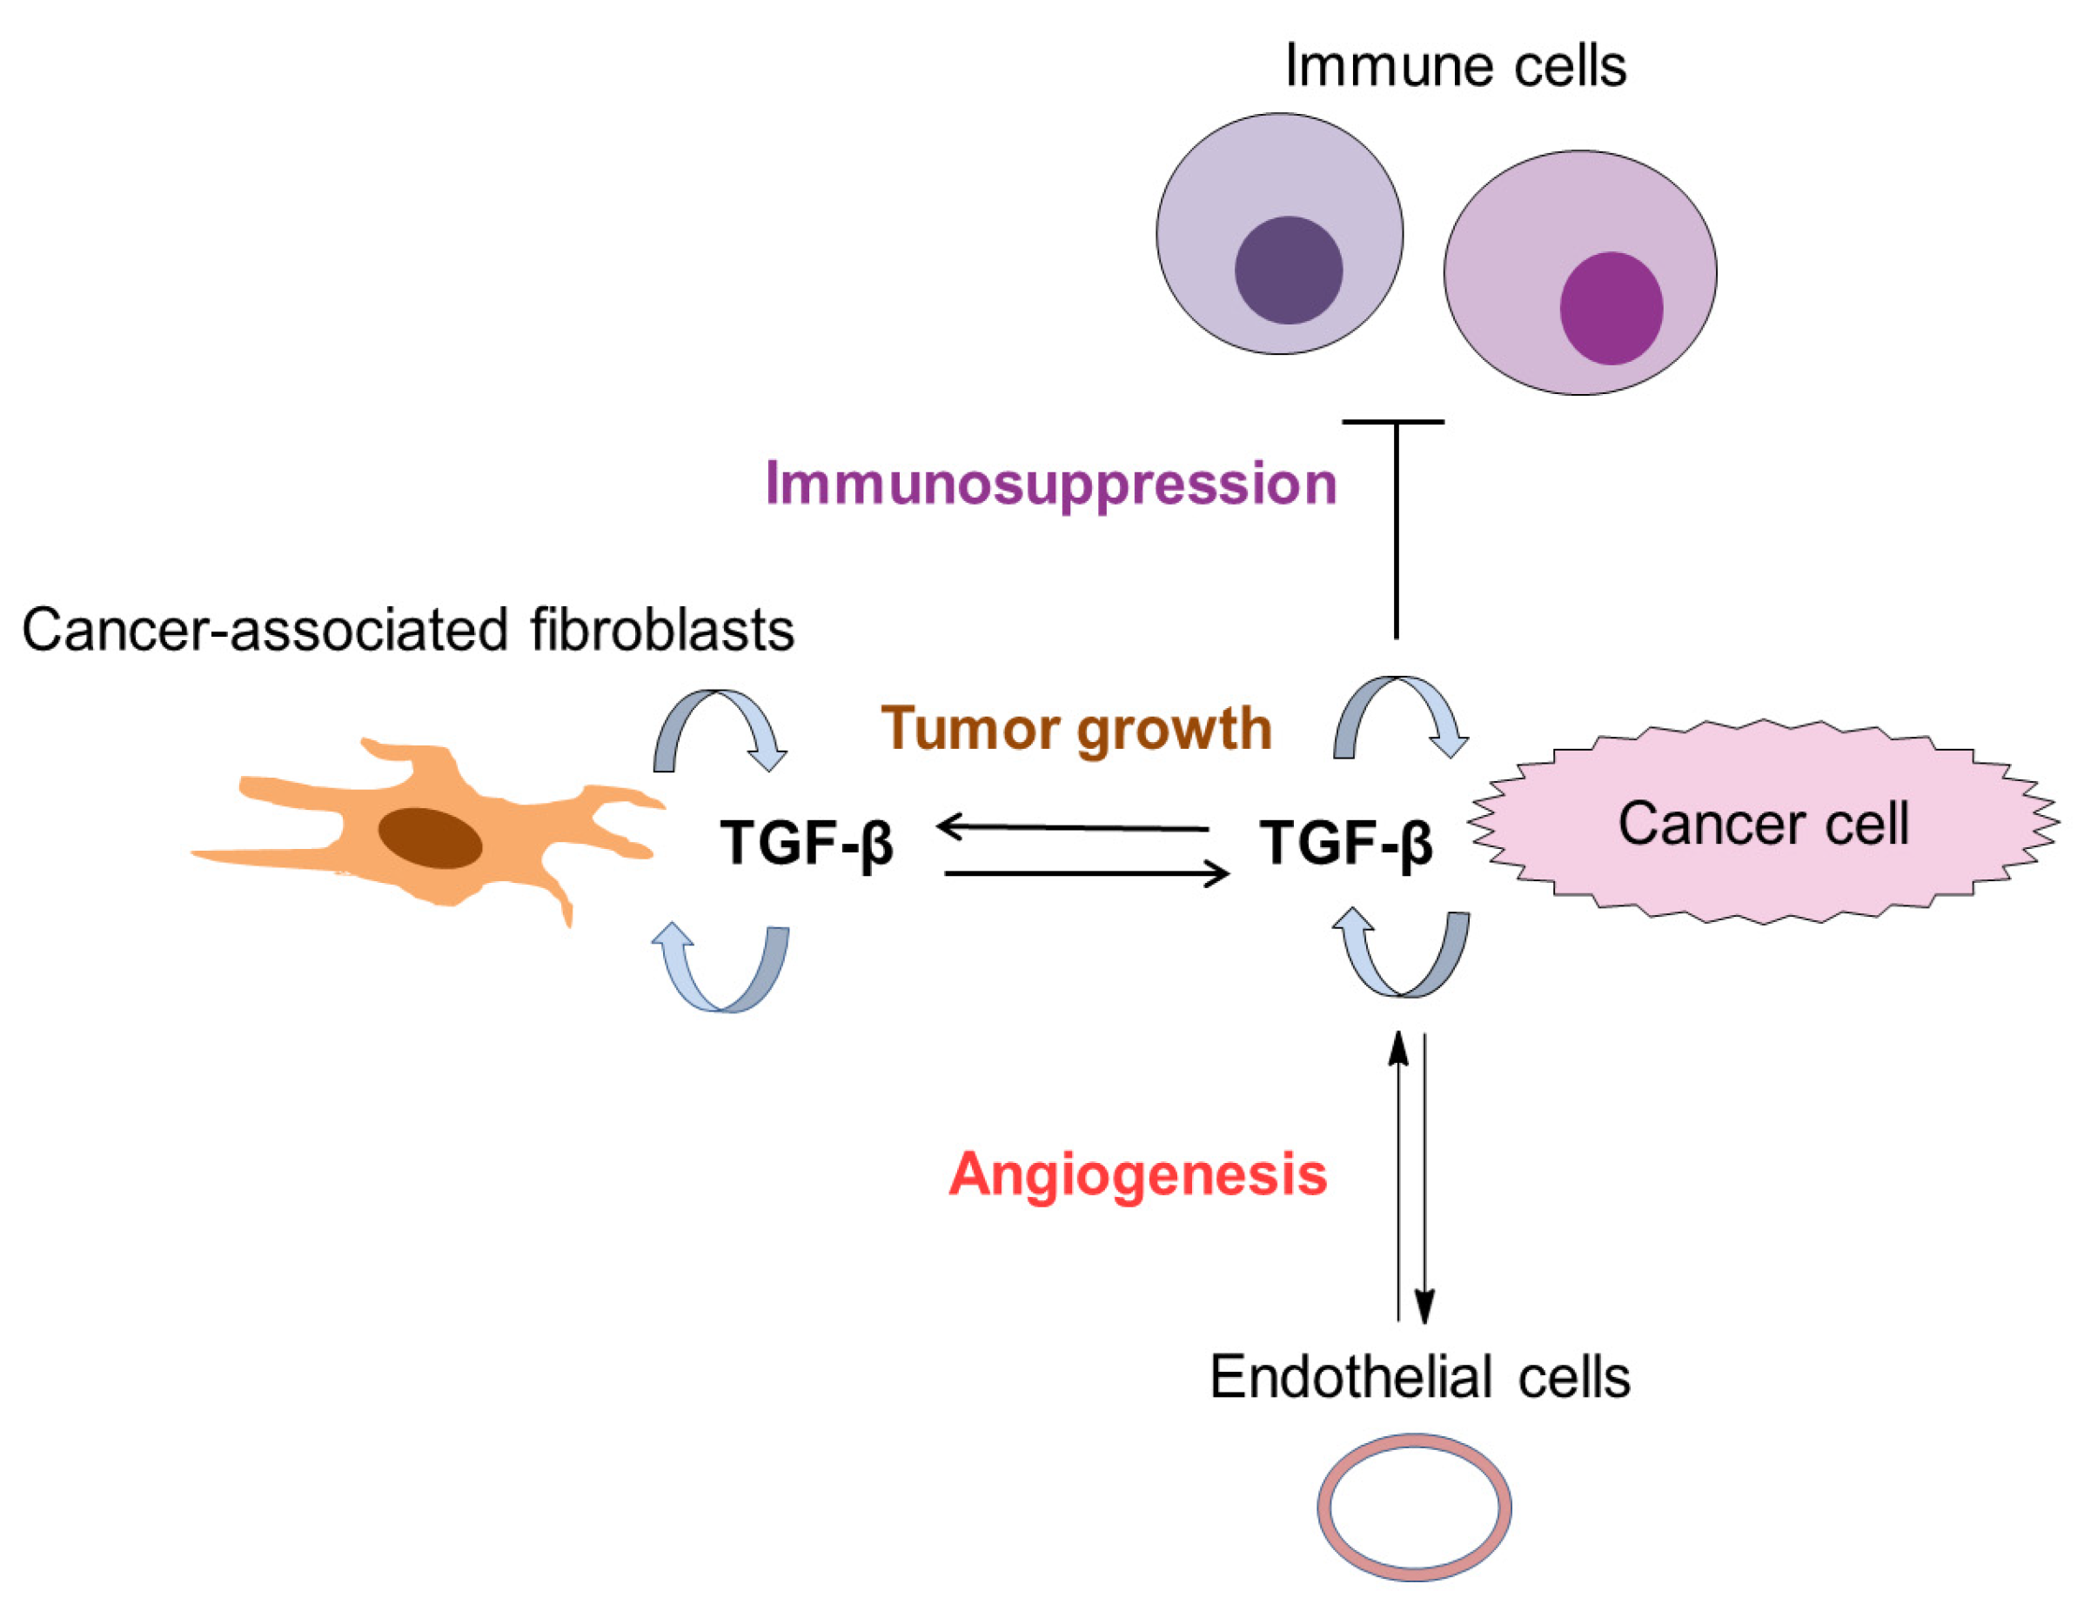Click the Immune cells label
[x=1455, y=67]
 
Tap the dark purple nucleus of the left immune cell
[x=1288, y=270]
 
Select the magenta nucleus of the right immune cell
[x=1611, y=308]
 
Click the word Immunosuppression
[x=1051, y=484]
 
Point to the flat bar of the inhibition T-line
[x=1393, y=421]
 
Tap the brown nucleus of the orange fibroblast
[x=430, y=838]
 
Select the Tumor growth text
[x=1075, y=730]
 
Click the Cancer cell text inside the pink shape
[x=1763, y=824]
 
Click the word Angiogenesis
[x=1137, y=1174]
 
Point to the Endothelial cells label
[x=1419, y=1377]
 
